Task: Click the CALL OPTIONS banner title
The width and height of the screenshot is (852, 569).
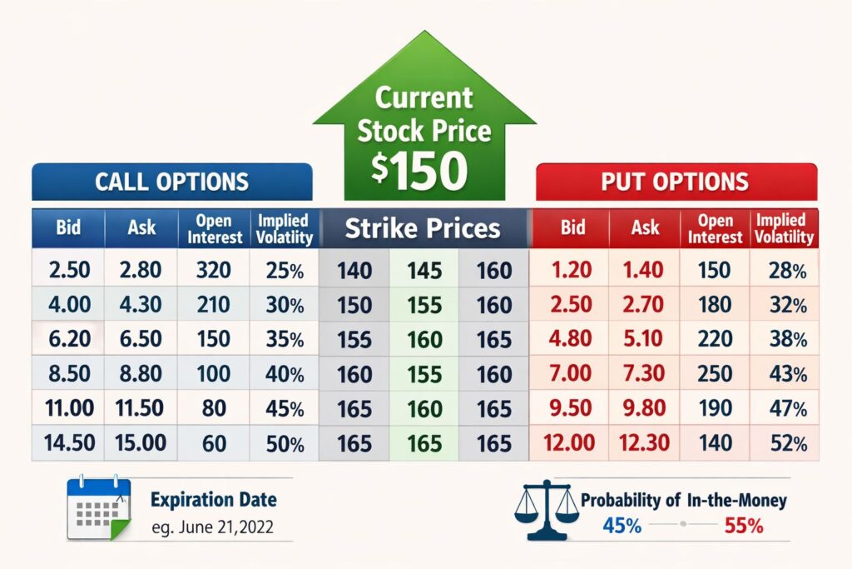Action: (171, 182)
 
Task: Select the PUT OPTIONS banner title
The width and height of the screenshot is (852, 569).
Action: (675, 182)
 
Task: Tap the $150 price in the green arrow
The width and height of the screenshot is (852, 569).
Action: (419, 170)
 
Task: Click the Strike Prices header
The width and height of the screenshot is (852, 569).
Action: (423, 228)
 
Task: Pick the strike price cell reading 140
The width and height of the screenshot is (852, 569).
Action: (354, 271)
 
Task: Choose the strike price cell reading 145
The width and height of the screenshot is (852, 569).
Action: (424, 271)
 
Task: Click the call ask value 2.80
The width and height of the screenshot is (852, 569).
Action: (140, 270)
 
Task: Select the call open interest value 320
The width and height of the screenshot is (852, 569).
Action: (214, 270)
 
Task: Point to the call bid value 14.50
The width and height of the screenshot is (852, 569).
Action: (70, 443)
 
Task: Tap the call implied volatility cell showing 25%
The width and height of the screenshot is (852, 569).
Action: (285, 271)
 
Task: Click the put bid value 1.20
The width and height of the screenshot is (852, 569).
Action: (571, 269)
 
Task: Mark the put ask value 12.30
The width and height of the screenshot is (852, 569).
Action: (644, 443)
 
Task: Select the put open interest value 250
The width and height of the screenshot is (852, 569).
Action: (715, 373)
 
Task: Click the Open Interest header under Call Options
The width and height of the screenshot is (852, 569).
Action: (215, 229)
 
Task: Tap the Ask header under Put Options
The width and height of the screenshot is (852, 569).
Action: (645, 227)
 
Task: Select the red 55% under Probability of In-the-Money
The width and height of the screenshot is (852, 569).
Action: (744, 526)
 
